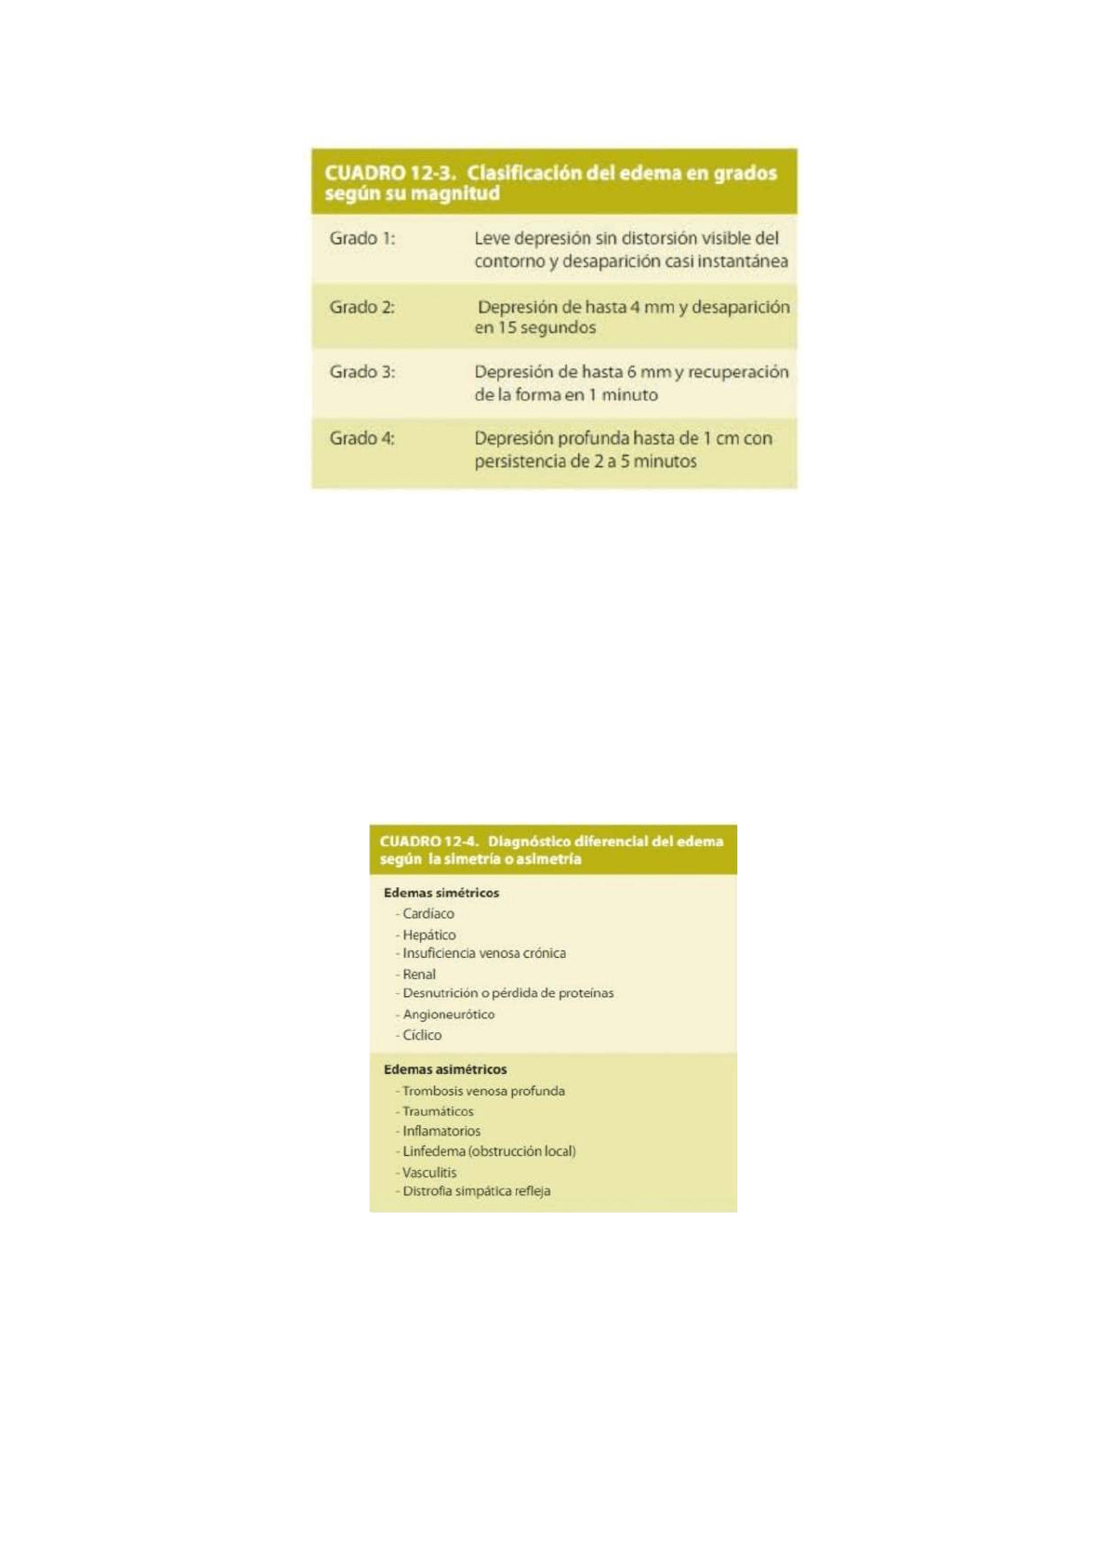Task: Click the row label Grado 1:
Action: click(362, 239)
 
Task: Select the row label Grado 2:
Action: click(362, 308)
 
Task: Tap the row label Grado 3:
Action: click(362, 372)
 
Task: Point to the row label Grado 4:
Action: click(362, 439)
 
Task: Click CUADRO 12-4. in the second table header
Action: click(428, 842)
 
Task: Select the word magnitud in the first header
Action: click(455, 193)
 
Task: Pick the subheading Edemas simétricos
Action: click(441, 893)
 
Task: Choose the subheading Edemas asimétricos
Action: click(445, 1069)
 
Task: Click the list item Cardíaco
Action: click(428, 914)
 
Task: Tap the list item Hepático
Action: click(428, 936)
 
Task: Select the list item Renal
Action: click(418, 975)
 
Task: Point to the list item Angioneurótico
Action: click(448, 1015)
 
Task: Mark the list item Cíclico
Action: click(421, 1035)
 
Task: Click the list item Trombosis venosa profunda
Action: click(482, 1091)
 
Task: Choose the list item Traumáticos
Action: click(437, 1111)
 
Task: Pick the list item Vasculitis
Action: click(428, 1173)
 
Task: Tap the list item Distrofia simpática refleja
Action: click(476, 1191)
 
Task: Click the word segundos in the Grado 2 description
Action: click(558, 328)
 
